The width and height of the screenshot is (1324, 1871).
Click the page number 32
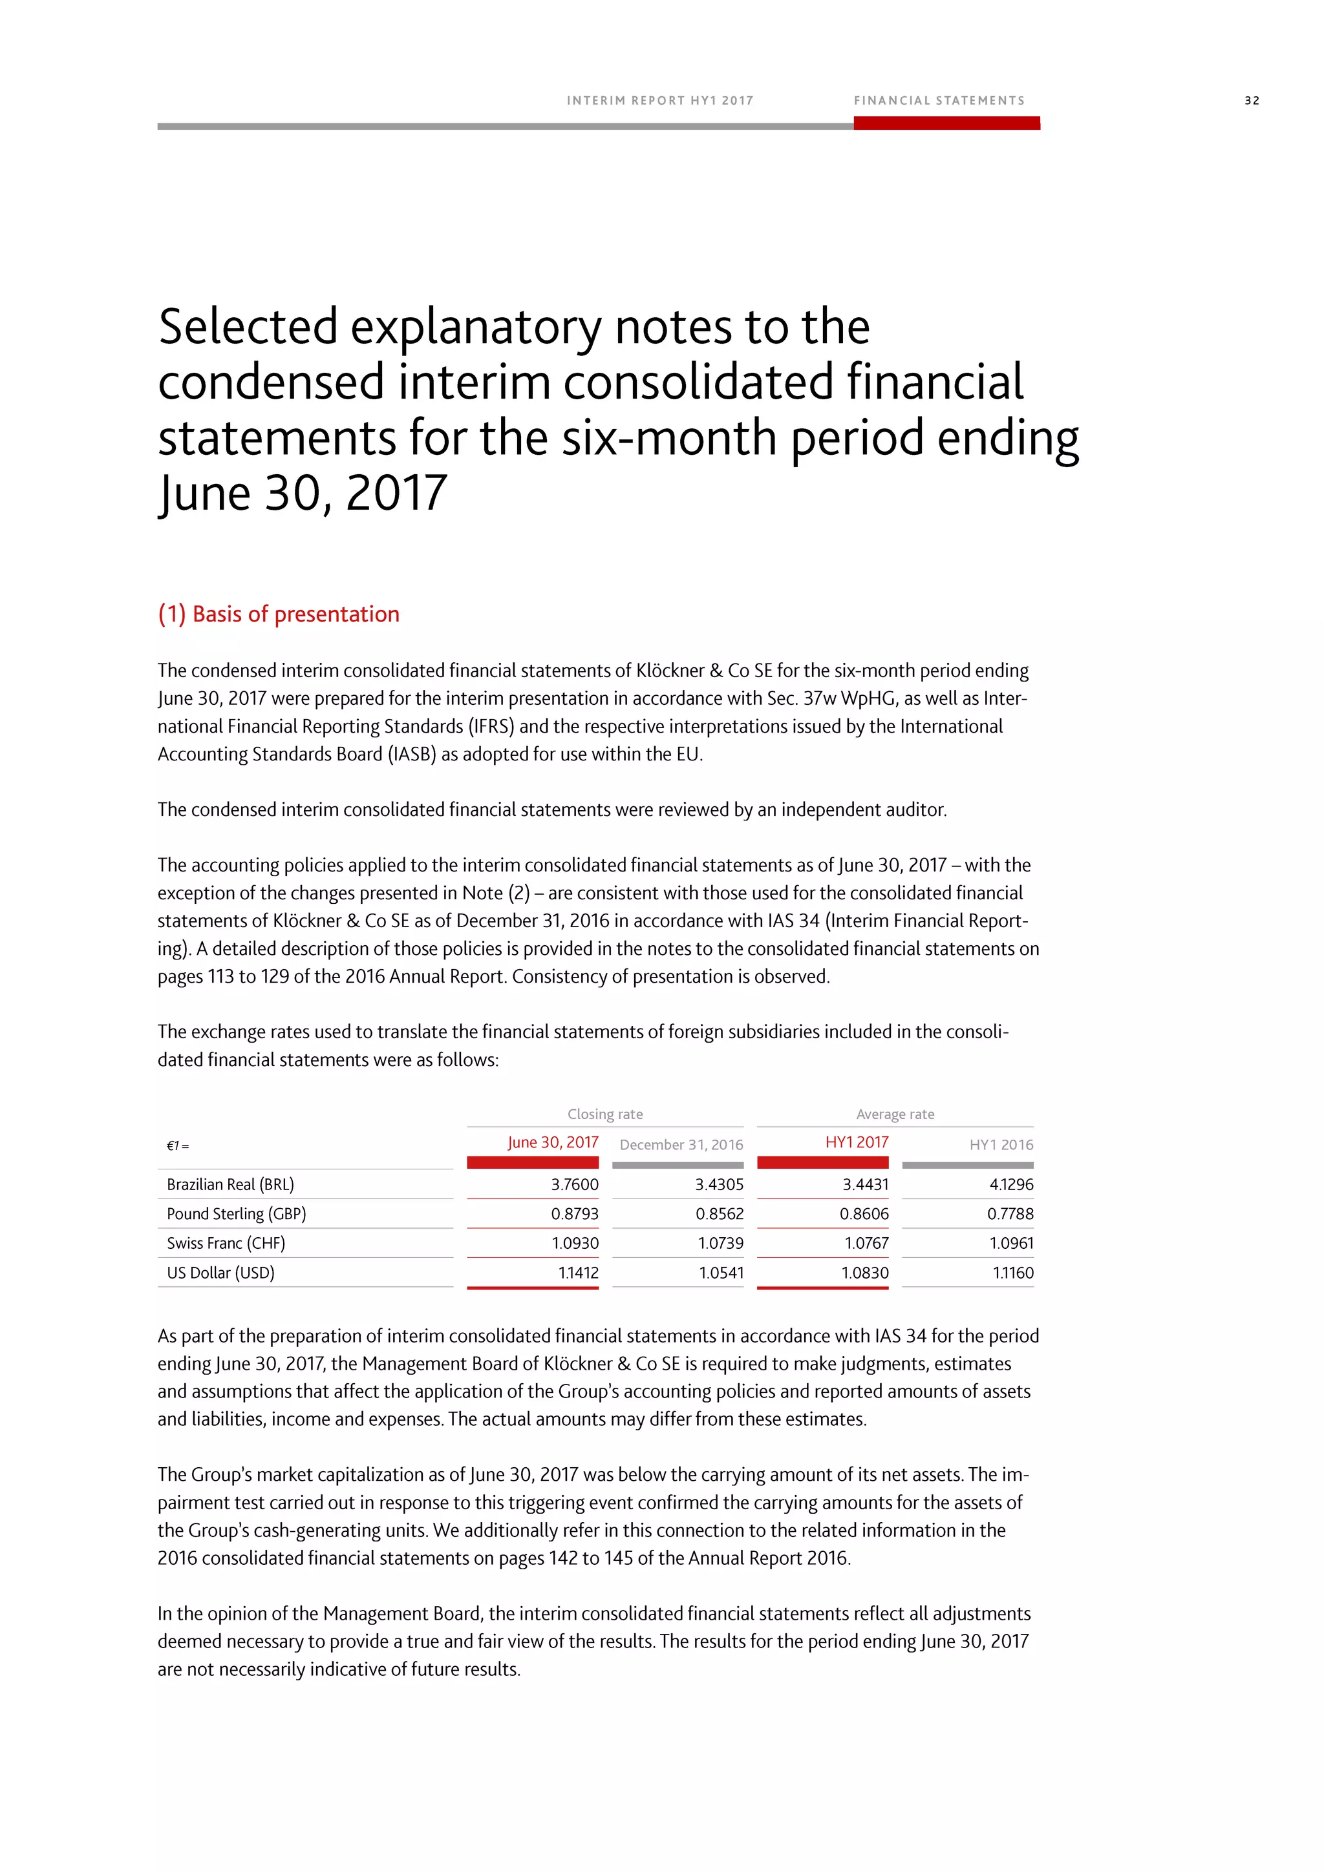(x=1252, y=101)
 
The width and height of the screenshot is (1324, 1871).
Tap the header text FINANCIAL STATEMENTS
(x=939, y=101)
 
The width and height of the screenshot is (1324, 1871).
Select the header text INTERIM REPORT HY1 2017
(x=659, y=101)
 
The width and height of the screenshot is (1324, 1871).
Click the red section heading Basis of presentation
(x=278, y=614)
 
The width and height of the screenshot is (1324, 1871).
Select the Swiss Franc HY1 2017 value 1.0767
(x=865, y=1243)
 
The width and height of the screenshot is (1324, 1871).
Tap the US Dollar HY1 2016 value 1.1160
(x=1012, y=1272)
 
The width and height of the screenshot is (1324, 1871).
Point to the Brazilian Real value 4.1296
(x=1011, y=1184)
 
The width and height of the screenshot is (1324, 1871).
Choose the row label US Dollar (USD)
(x=220, y=1272)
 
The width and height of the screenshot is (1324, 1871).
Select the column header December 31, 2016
(x=681, y=1144)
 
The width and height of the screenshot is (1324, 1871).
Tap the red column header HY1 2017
(x=856, y=1142)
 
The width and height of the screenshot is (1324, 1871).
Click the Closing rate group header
(x=605, y=1114)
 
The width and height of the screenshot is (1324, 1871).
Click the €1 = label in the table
(x=178, y=1145)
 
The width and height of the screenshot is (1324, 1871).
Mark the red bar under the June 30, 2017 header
(x=532, y=1162)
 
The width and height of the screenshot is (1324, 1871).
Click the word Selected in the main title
(x=248, y=327)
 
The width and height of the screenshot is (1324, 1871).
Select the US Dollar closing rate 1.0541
(x=721, y=1272)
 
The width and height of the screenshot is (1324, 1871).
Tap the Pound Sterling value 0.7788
(x=1010, y=1213)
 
